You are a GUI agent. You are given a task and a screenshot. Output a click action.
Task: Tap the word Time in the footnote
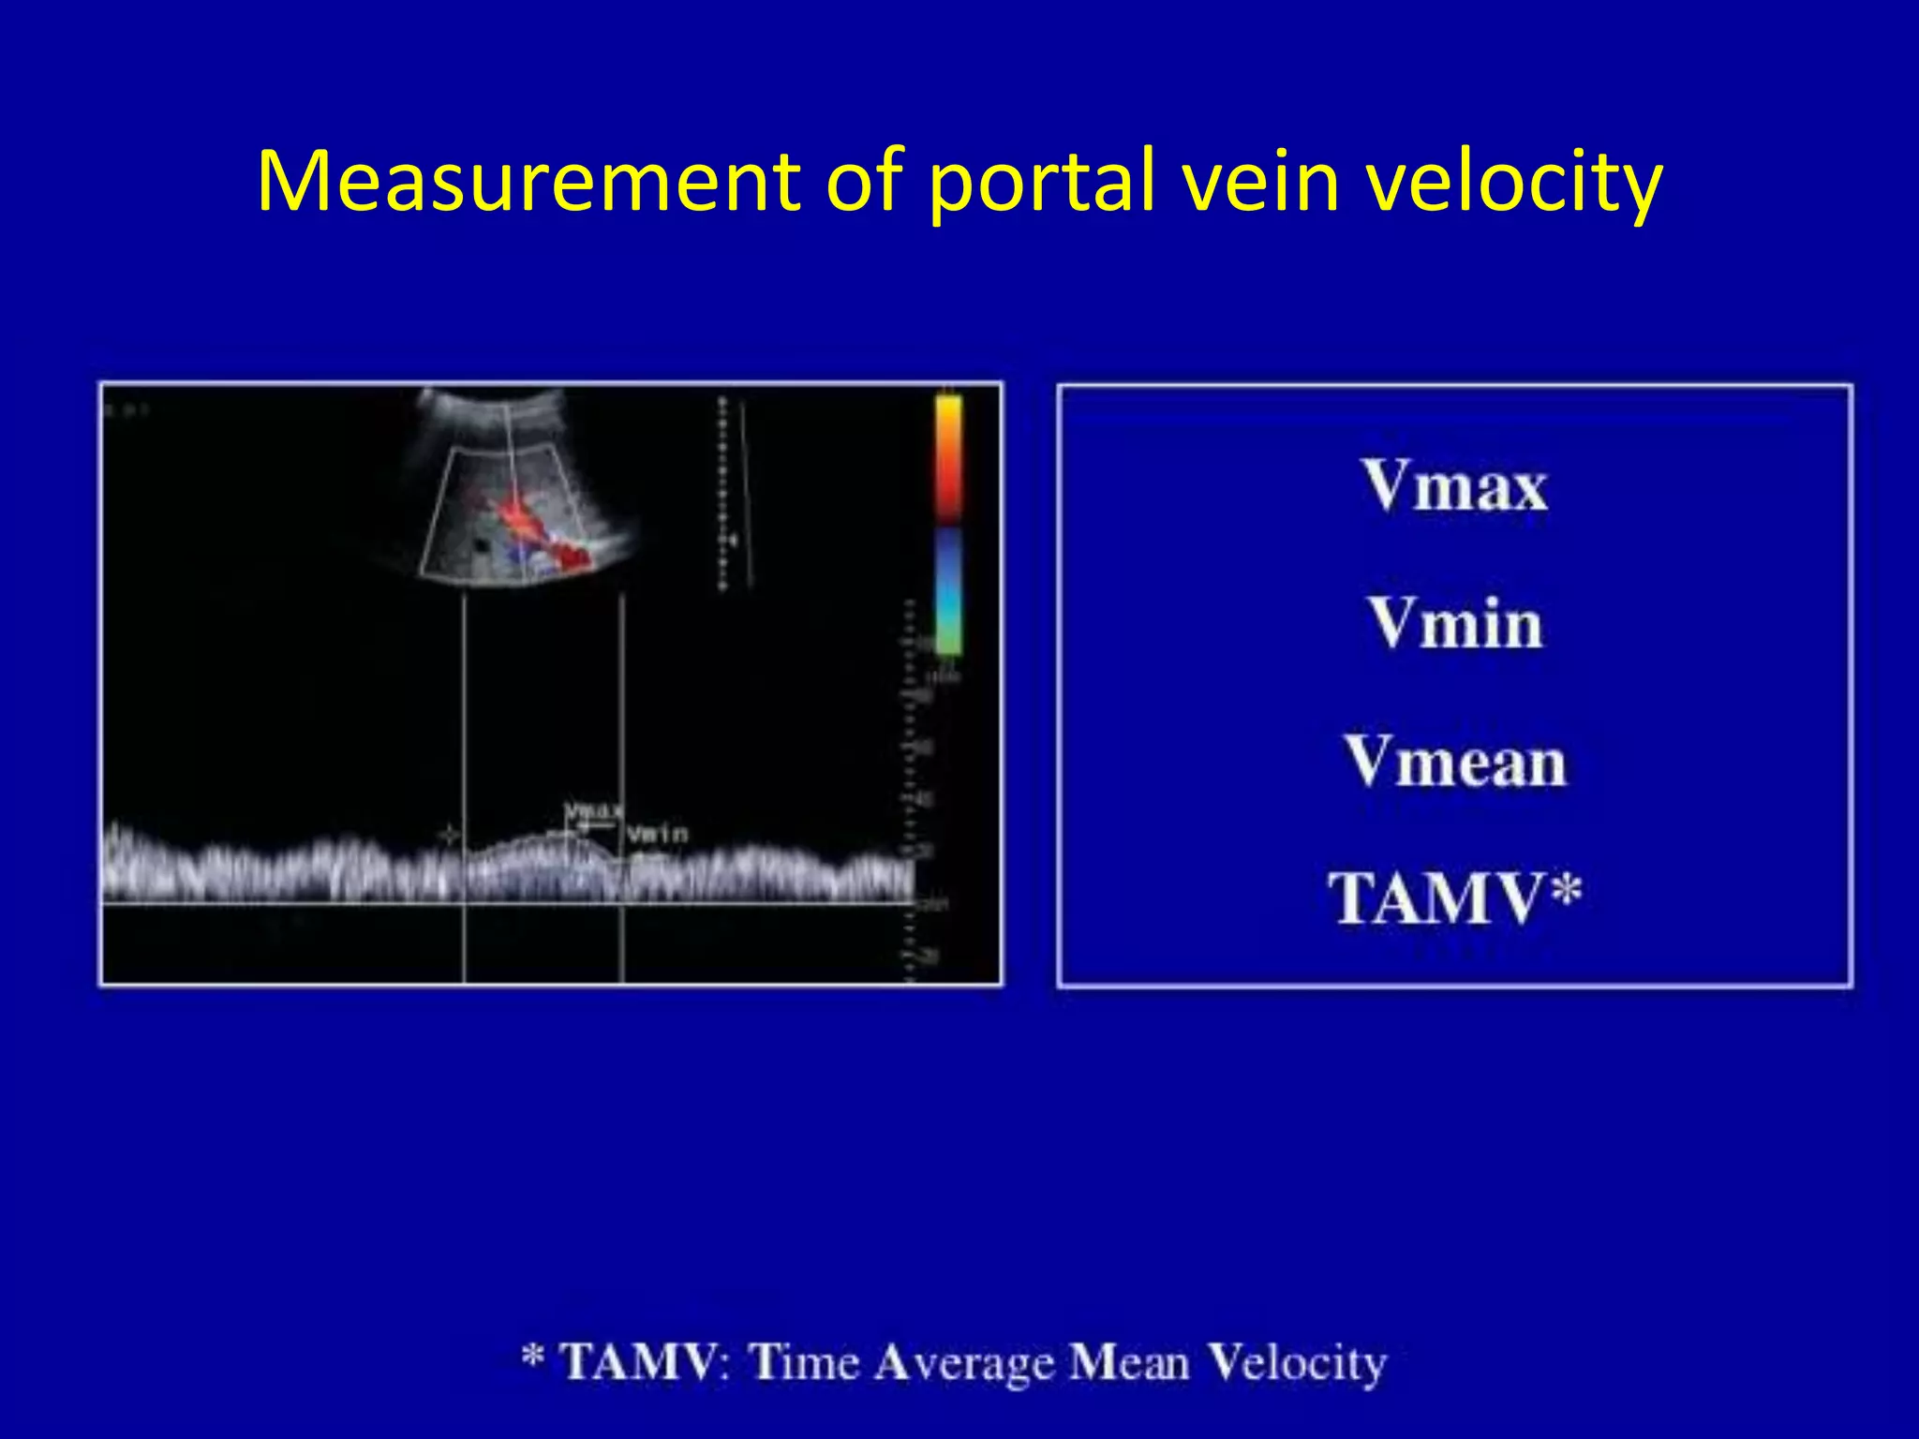pyautogui.click(x=804, y=1362)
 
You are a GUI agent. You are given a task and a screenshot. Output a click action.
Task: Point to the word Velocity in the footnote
pyautogui.click(x=1296, y=1362)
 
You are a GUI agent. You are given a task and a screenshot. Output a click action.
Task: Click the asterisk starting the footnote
pyautogui.click(x=533, y=1356)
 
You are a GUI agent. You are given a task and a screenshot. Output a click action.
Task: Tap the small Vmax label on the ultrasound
pyautogui.click(x=593, y=811)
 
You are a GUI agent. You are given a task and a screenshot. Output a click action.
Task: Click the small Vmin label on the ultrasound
pyautogui.click(x=657, y=833)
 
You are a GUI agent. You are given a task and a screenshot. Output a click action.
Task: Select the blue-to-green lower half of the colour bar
pyautogui.click(x=948, y=590)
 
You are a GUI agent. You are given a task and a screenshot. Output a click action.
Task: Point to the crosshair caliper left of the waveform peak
pyautogui.click(x=451, y=834)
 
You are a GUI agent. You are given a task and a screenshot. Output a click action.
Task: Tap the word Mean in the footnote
pyautogui.click(x=1129, y=1362)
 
